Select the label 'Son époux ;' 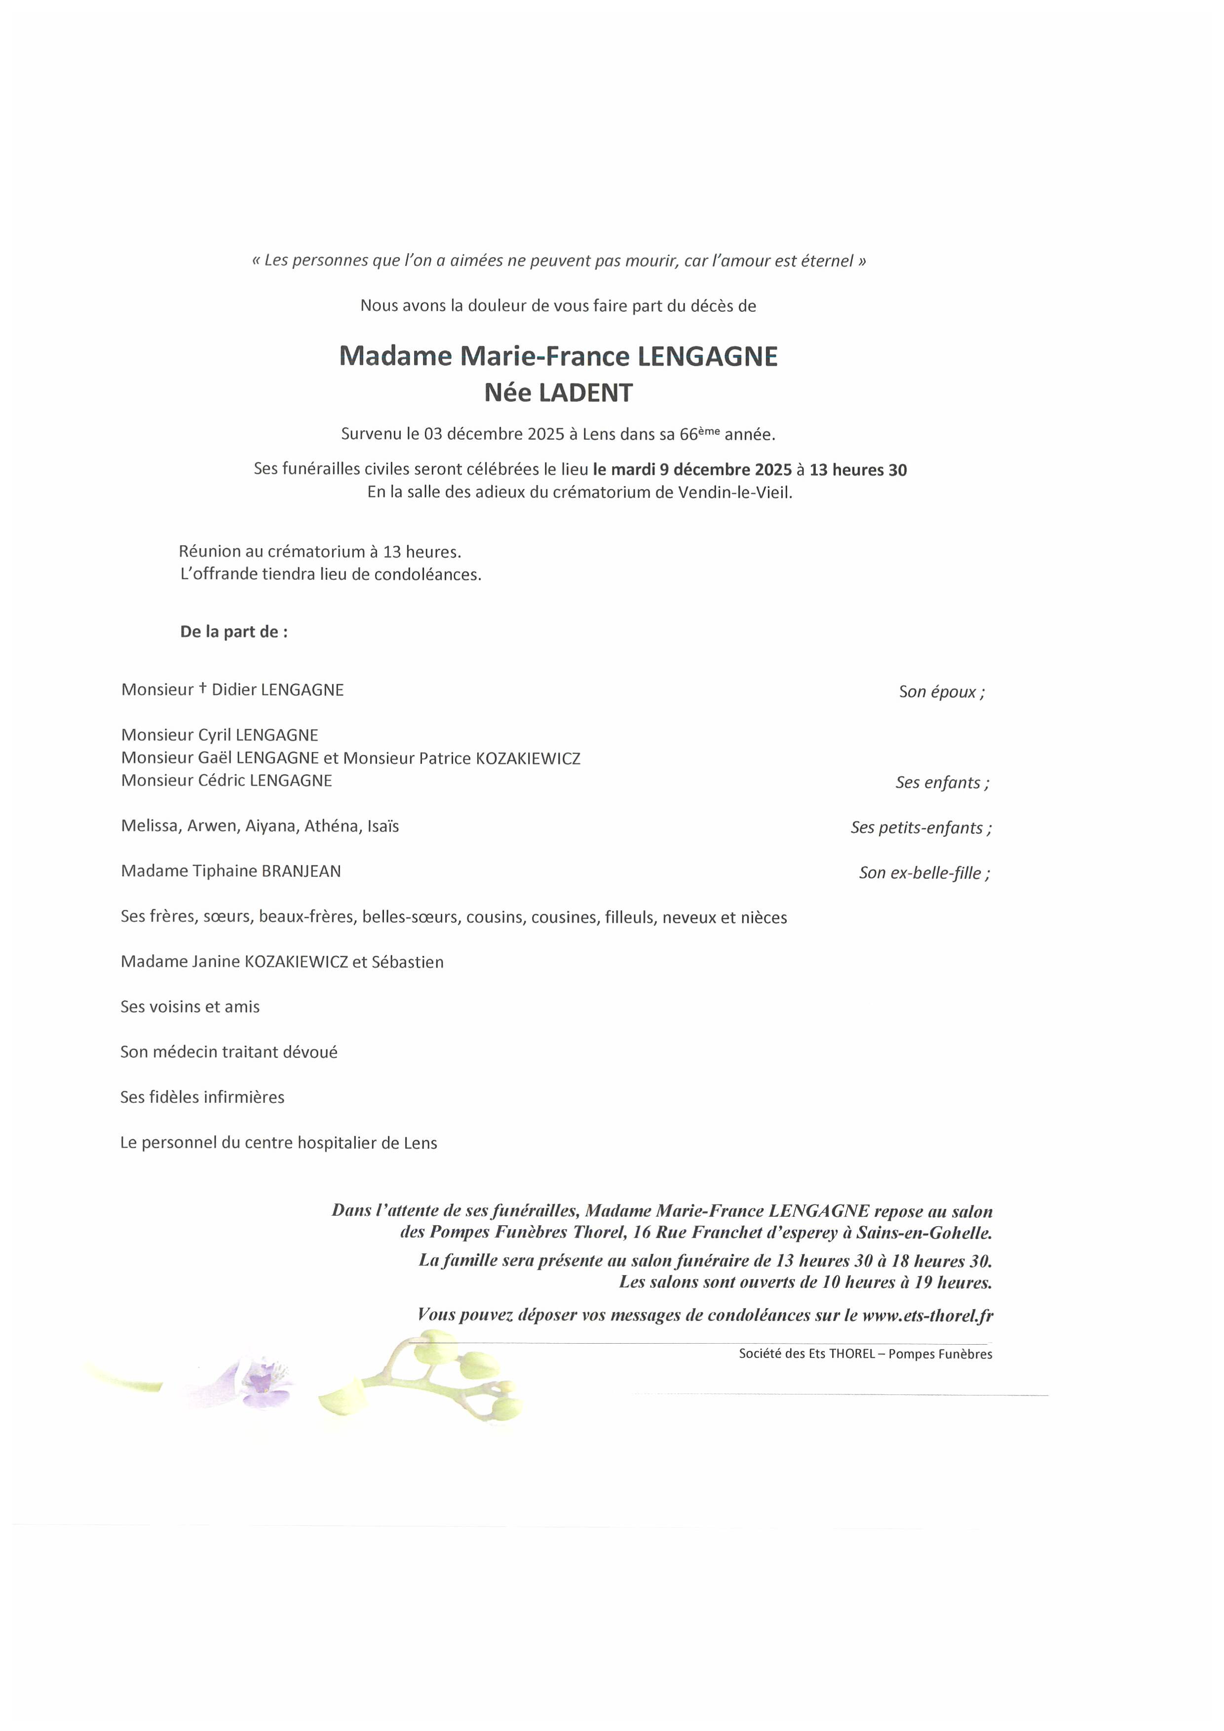click(x=941, y=692)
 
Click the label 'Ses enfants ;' click(x=942, y=783)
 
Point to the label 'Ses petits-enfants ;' click(x=921, y=828)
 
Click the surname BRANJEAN click(x=300, y=871)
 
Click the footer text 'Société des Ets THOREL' click(x=806, y=1354)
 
